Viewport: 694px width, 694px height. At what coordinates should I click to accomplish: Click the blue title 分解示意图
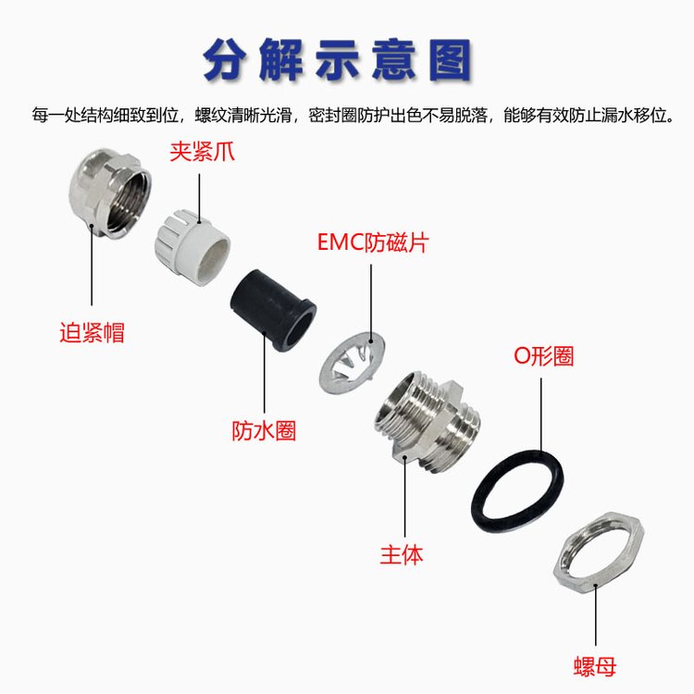pos(337,60)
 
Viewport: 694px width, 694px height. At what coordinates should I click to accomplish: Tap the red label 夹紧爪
pos(202,152)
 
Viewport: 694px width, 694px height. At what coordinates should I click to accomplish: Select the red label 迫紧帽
pos(92,332)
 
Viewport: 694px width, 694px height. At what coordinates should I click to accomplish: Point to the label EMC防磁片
pos(373,242)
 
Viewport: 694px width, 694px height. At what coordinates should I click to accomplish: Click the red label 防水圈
pos(264,430)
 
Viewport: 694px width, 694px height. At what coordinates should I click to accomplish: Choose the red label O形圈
pos(543,356)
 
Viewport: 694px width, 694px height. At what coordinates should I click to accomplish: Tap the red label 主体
pos(402,554)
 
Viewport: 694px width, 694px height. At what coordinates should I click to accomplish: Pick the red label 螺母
pos(595,666)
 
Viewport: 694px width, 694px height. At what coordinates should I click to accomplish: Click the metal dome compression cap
pos(110,193)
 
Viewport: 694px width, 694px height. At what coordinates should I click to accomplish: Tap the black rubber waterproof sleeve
pos(273,309)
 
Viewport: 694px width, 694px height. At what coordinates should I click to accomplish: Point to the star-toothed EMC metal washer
pos(352,362)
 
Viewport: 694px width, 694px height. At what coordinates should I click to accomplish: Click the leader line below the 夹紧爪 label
pos(199,197)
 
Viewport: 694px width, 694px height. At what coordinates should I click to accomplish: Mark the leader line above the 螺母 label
pos(596,615)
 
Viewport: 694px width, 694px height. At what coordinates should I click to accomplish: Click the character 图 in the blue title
pos(450,60)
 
